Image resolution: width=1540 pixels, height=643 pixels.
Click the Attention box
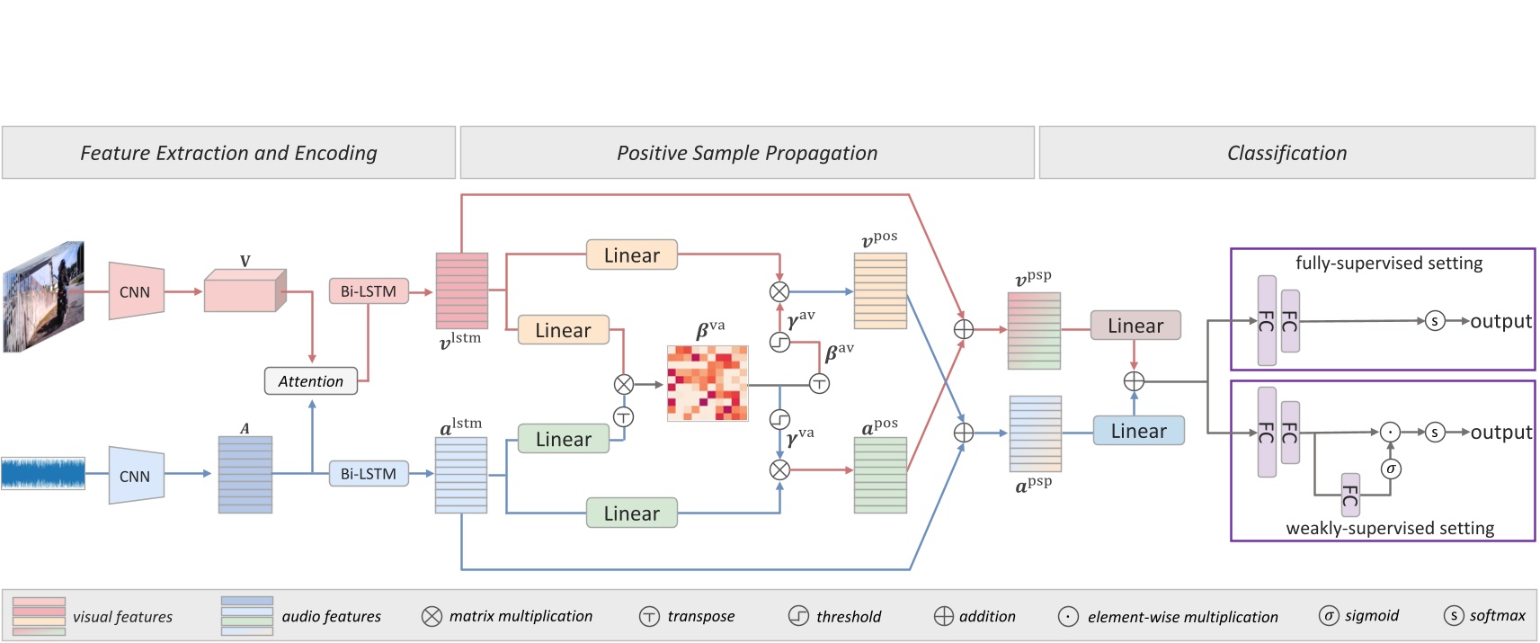[x=310, y=381]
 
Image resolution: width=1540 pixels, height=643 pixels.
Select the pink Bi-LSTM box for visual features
[x=368, y=291]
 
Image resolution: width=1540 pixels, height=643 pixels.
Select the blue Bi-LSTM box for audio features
[x=368, y=474]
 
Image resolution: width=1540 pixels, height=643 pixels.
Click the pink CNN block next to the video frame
[x=136, y=291]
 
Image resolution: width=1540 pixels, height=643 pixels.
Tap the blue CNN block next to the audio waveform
[x=136, y=475]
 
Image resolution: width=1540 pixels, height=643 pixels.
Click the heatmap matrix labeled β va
[x=708, y=383]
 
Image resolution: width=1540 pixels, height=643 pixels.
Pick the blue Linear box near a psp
[x=1138, y=431]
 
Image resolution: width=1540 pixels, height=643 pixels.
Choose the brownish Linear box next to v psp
[x=1135, y=326]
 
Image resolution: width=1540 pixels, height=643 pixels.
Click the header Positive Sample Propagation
[x=746, y=153]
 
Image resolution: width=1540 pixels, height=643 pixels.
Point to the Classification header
[x=1286, y=153]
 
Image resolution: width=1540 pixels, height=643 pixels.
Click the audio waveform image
[x=43, y=473]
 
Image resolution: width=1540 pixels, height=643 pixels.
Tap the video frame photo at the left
[x=43, y=296]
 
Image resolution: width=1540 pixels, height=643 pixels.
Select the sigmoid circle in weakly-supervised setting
[x=1390, y=469]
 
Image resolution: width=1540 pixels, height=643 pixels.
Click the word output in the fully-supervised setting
[x=1500, y=321]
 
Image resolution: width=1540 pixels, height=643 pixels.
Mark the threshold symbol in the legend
[x=798, y=616]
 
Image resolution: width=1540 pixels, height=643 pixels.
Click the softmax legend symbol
[x=1453, y=615]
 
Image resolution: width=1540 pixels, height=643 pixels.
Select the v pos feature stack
[x=880, y=290]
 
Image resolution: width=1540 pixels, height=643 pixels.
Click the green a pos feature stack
[x=880, y=475]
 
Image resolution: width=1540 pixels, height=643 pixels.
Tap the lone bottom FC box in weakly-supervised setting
[x=1349, y=495]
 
